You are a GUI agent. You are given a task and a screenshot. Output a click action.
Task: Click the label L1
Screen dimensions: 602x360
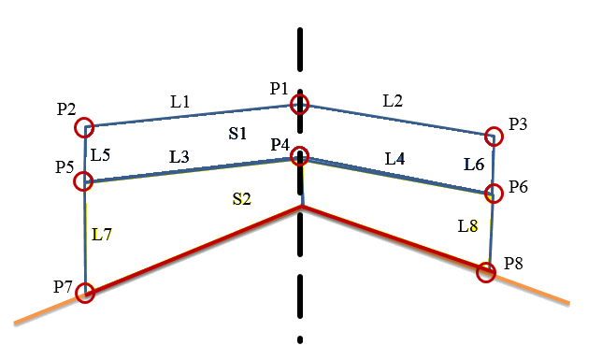[x=180, y=102]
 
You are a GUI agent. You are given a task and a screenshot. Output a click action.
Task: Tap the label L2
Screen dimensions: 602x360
[x=393, y=101]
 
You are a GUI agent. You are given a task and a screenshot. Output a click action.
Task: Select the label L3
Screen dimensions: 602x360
[x=179, y=157]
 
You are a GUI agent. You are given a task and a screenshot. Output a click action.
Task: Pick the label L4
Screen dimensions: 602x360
[x=395, y=158]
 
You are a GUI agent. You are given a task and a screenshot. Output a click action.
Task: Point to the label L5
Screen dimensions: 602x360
[x=101, y=155]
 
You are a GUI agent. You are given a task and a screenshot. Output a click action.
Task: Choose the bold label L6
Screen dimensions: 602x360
[x=474, y=165]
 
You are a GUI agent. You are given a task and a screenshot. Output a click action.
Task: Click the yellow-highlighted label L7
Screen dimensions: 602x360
[x=102, y=235]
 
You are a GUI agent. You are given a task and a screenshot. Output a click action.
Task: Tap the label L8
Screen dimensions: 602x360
[x=467, y=226]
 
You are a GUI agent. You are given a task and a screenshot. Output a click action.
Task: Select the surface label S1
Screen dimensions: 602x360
[x=237, y=134]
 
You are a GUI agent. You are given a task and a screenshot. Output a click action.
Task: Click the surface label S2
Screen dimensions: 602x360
[x=241, y=198]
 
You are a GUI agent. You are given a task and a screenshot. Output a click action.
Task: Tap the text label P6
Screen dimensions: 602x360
[x=518, y=187]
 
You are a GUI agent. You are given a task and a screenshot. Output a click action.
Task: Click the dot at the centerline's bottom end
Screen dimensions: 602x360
[x=300, y=339]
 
